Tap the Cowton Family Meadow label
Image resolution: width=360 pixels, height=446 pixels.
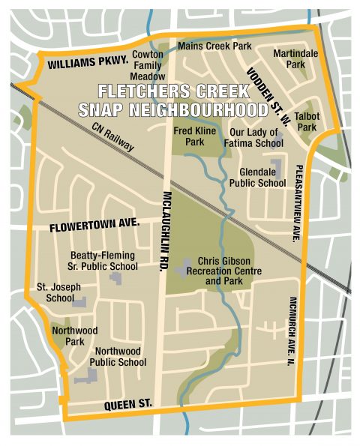tap(148, 65)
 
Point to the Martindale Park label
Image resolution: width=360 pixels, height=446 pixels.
tap(289, 59)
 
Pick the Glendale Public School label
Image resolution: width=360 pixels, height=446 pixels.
tap(257, 177)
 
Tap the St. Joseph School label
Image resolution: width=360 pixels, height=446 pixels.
tap(58, 292)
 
